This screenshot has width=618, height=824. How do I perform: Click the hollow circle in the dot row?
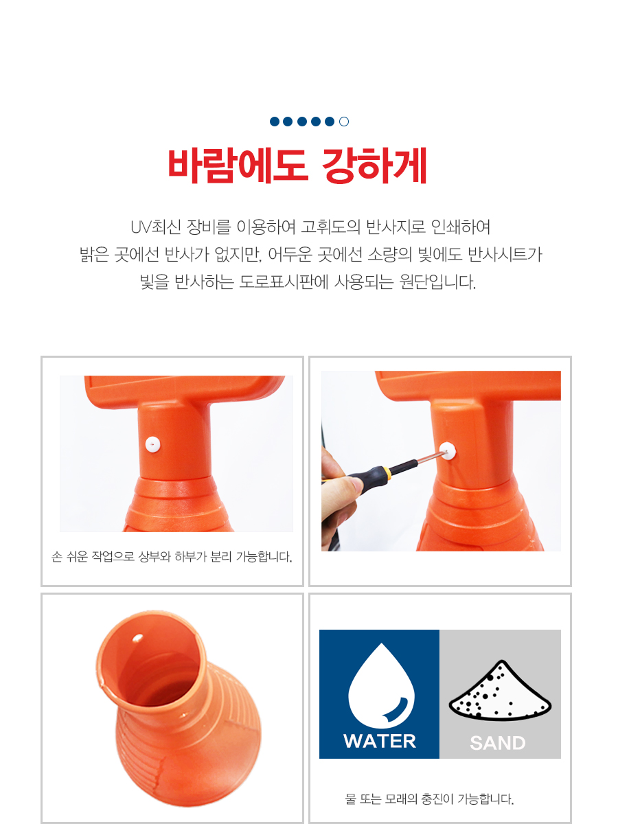[344, 122]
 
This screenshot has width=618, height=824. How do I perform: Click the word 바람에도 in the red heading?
[238, 165]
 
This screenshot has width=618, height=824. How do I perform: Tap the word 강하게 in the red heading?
[374, 165]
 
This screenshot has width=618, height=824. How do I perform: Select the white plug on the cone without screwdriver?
[152, 444]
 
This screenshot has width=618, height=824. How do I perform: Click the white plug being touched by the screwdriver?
[448, 451]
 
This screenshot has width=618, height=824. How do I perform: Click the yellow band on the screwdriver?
[387, 472]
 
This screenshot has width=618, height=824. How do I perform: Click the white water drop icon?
[381, 686]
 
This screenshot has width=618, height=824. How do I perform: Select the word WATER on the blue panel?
[380, 742]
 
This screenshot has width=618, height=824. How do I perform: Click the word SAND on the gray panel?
[498, 743]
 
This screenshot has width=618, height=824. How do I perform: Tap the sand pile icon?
[500, 690]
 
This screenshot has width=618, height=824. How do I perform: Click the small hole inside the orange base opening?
[138, 637]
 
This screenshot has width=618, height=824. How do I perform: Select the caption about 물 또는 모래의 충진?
[429, 799]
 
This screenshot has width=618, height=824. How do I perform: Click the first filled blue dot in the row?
[275, 122]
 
